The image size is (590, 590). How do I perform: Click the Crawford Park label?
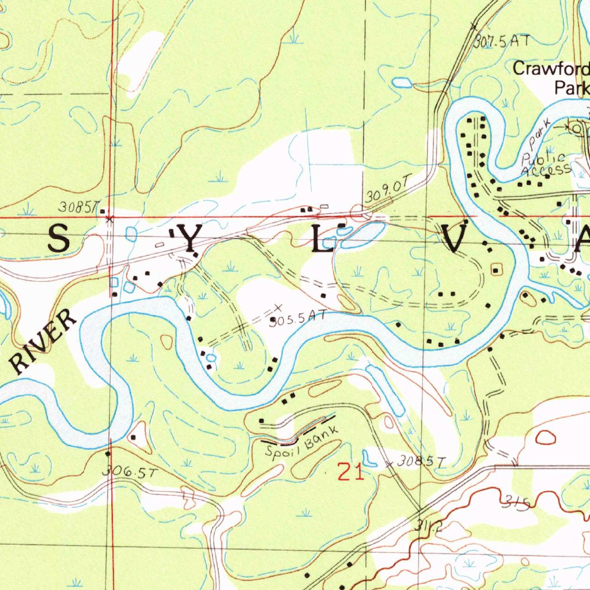click(551, 78)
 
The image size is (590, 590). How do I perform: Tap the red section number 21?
click(351, 472)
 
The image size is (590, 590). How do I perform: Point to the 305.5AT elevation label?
click(298, 316)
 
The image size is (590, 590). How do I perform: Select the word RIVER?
click(44, 342)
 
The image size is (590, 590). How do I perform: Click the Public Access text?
click(544, 163)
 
